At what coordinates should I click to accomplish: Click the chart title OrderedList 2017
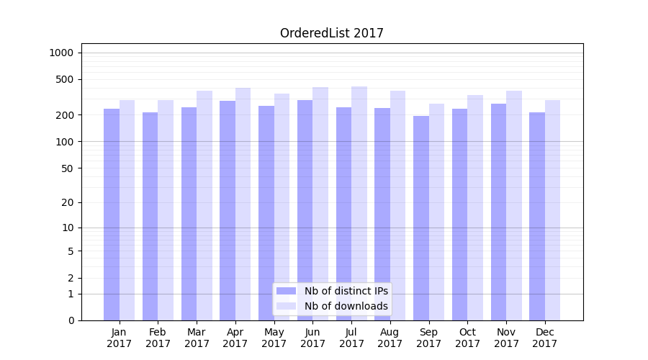coord(331,33)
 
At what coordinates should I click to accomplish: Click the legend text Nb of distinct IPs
coord(346,291)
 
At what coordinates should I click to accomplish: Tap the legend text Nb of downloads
coord(346,306)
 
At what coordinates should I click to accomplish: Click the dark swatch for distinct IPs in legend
coord(287,291)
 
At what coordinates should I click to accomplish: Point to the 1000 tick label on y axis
coord(61,53)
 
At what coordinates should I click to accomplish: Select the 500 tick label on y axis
coord(65,79)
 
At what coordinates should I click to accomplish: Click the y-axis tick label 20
coord(68,202)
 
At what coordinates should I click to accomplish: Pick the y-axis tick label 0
coord(71,320)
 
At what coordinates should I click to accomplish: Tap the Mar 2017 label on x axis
coord(197,338)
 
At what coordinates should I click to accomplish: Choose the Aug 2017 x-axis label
coord(390,338)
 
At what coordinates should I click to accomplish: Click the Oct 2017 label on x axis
coord(467,338)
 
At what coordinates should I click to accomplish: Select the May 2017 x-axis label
coord(274,338)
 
